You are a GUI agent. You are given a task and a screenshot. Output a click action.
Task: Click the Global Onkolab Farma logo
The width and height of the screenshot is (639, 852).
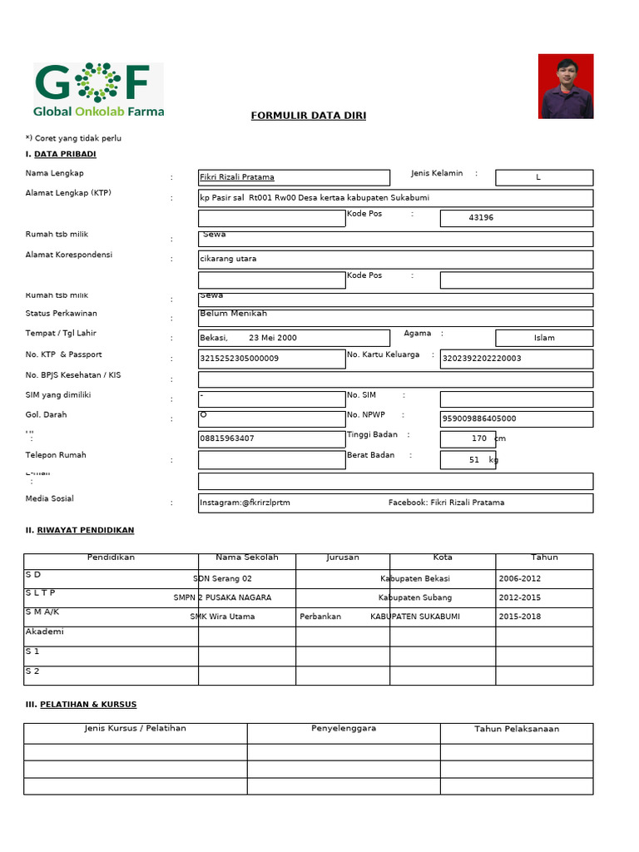(x=99, y=90)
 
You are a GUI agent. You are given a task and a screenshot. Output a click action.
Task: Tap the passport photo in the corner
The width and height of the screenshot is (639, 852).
(x=566, y=87)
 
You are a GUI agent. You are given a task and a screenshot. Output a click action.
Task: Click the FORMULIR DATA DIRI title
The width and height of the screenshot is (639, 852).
(x=309, y=116)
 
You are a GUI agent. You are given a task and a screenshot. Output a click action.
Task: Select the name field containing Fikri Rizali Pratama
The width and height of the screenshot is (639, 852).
(x=237, y=177)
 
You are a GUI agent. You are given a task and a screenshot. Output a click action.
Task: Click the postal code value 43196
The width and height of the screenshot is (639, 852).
(x=481, y=218)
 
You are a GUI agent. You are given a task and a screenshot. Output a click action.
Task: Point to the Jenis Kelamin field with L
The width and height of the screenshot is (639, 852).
(x=538, y=177)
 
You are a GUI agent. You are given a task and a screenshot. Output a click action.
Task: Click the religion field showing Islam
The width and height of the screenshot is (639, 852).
(x=544, y=338)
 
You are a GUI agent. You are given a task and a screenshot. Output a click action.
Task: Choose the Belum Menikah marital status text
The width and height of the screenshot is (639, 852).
(x=234, y=314)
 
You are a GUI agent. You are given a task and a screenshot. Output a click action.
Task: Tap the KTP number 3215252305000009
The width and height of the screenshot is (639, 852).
(x=240, y=359)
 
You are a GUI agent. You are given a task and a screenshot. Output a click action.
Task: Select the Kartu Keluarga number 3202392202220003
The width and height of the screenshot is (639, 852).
(x=482, y=359)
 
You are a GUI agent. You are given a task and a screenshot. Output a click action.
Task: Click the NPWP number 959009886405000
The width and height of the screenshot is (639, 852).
(x=479, y=419)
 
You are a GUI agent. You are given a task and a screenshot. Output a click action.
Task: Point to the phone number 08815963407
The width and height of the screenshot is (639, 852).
(x=227, y=438)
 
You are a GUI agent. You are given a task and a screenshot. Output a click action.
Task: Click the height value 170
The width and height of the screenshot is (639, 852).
(x=478, y=438)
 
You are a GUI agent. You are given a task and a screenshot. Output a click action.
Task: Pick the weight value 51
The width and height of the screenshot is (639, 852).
(x=474, y=460)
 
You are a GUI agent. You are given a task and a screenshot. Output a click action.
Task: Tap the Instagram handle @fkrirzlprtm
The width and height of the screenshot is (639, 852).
(x=245, y=503)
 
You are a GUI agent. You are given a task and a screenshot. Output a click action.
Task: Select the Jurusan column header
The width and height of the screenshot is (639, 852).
(x=343, y=557)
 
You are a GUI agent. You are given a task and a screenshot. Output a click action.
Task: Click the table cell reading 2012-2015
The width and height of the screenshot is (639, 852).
(x=520, y=597)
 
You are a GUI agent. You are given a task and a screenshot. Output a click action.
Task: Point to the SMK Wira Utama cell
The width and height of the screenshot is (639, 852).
(x=222, y=617)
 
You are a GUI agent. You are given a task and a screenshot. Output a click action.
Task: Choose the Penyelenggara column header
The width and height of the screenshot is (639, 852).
(x=344, y=728)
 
